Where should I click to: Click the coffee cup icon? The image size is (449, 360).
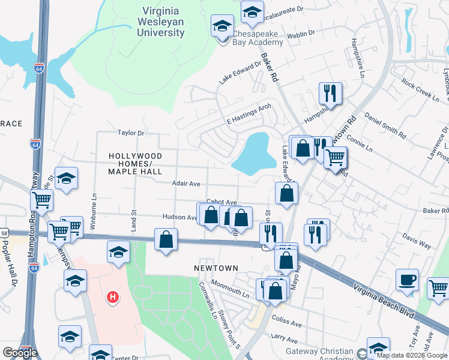407,280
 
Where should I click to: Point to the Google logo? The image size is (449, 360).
20,353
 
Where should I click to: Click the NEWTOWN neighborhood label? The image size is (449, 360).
215,268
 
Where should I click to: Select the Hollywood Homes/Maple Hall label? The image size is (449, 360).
135,164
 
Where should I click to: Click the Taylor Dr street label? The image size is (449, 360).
131,133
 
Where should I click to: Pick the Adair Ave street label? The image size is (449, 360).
185,184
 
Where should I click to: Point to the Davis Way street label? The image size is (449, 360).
417,241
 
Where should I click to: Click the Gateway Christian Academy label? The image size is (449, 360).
321,355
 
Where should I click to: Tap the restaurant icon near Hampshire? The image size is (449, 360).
330,93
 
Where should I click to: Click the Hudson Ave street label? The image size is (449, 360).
179,217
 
